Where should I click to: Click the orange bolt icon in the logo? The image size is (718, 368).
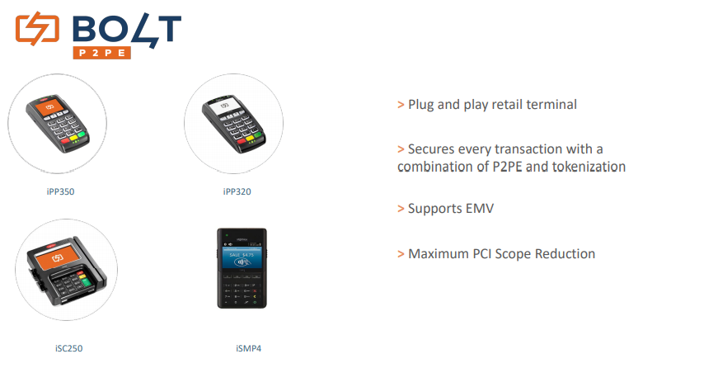coord(38,29)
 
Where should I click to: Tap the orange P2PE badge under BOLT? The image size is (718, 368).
coord(101,53)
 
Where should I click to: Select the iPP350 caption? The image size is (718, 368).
coord(60,191)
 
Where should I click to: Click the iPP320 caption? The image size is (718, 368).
coord(237,191)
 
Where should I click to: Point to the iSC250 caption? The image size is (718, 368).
coord(68,348)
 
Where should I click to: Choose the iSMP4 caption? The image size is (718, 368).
coord(249,348)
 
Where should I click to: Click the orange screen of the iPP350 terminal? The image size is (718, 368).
coord(50,107)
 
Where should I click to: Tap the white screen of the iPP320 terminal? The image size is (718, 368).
coord(225,106)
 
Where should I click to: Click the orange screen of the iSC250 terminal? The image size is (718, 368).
coord(57,258)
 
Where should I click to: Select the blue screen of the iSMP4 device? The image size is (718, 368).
coord(242,258)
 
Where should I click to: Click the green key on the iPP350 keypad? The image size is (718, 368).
coord(81,134)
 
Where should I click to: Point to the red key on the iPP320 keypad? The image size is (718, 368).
coord(242,141)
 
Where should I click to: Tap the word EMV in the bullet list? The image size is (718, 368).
coord(480,209)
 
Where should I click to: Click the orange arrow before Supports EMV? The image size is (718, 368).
coord(401,209)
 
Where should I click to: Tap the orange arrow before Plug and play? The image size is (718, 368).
coord(401,105)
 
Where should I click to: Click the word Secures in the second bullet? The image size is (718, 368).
coord(429,149)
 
